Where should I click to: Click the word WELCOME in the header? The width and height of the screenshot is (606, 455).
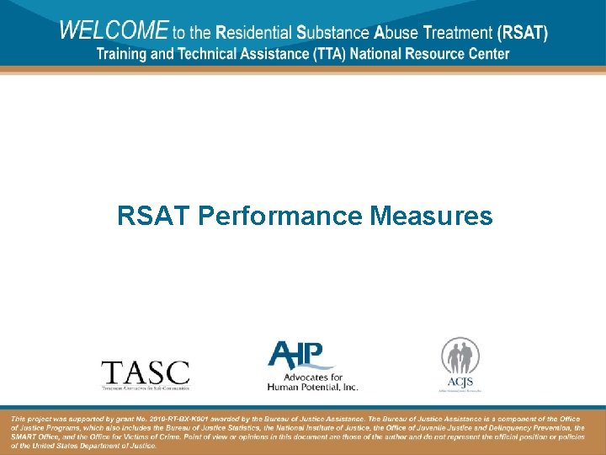[x=114, y=31]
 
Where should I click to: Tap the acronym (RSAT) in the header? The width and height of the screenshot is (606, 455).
[x=523, y=34]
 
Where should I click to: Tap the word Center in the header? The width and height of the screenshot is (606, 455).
[x=486, y=54]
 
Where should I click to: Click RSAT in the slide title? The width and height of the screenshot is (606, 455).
[x=154, y=217]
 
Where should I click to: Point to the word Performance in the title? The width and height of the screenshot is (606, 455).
[x=281, y=217]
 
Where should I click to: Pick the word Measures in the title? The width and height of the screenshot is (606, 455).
[x=432, y=217]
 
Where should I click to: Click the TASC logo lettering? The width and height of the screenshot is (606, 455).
[x=145, y=372]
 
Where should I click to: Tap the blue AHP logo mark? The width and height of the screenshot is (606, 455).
[x=300, y=355]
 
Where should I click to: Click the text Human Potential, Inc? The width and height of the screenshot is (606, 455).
[x=312, y=387]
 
